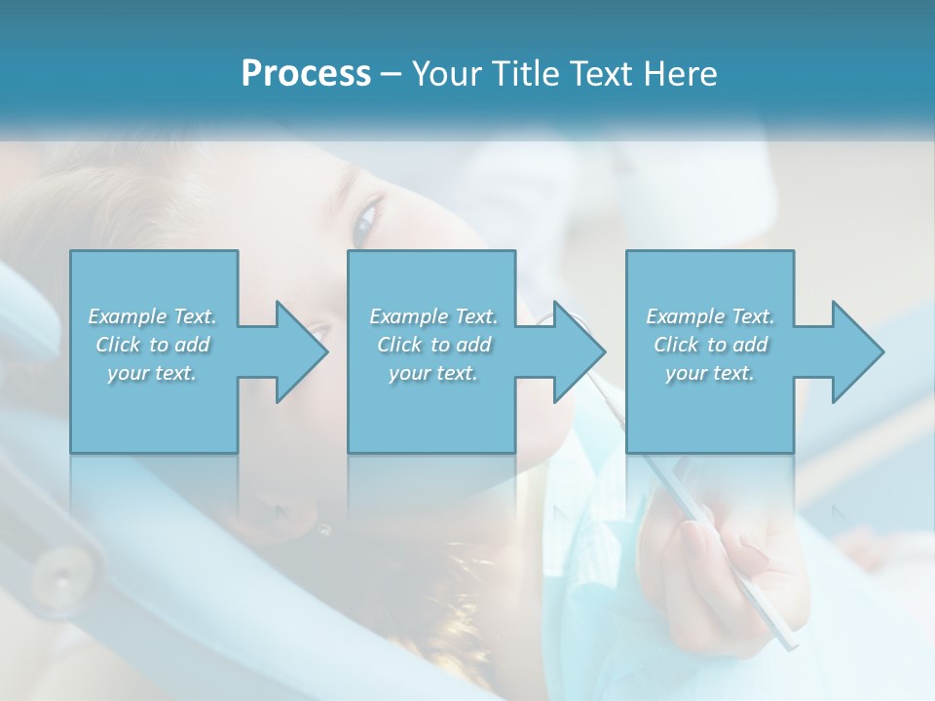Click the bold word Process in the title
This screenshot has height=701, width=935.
tap(306, 74)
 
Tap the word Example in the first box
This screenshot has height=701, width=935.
tap(127, 316)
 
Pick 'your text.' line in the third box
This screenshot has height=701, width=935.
tap(710, 373)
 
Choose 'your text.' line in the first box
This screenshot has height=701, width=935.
tap(152, 373)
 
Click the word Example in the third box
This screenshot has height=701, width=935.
tap(685, 316)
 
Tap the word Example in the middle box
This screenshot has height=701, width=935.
tap(408, 316)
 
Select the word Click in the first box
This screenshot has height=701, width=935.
tap(120, 345)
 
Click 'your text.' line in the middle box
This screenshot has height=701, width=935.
tap(433, 373)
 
